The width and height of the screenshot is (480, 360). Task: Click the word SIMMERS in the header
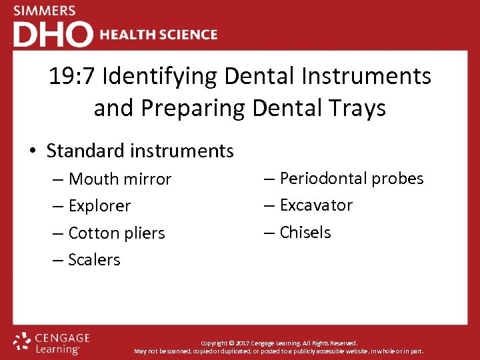pyautogui.click(x=44, y=11)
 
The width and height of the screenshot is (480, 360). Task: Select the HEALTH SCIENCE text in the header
pyautogui.click(x=158, y=35)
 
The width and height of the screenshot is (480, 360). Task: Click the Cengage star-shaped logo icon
pyautogui.click(x=23, y=342)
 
